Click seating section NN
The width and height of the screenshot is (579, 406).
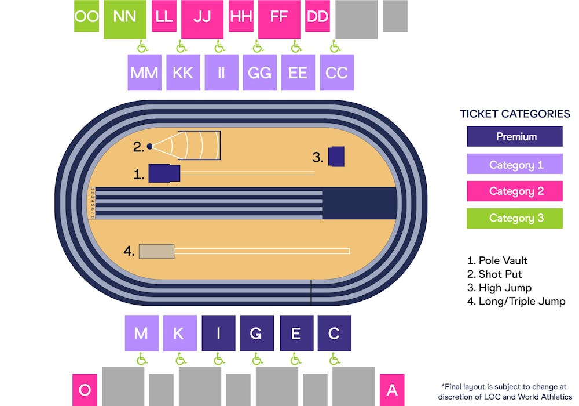(124, 17)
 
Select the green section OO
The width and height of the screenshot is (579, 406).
(87, 16)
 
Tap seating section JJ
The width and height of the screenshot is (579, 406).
(202, 17)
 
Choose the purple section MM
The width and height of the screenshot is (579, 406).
(144, 72)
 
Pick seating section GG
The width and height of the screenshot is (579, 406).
(259, 72)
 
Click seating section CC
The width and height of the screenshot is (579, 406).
(336, 72)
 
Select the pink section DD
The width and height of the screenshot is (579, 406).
(317, 16)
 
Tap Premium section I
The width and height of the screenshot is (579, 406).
(218, 333)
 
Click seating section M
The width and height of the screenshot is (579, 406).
(141, 333)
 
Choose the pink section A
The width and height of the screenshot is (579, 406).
(392, 390)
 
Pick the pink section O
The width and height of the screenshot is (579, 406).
(85, 390)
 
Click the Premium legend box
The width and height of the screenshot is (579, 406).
(515, 137)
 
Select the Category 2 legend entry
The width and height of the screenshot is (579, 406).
(515, 191)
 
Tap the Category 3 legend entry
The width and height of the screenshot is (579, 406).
(515, 218)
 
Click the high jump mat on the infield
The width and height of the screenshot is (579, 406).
(336, 157)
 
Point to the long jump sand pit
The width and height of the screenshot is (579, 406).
(156, 251)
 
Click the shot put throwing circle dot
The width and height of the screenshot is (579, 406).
(149, 147)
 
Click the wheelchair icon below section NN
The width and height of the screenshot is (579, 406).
(142, 46)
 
